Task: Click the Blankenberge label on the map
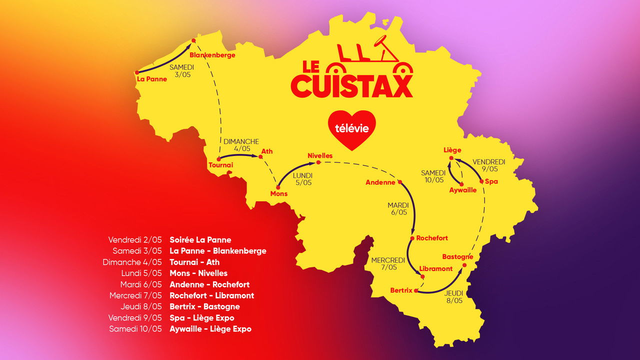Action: point(212,55)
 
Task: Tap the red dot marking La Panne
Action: point(136,72)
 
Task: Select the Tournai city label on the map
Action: point(220,165)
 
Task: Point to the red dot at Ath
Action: point(260,157)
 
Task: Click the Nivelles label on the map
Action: point(320,155)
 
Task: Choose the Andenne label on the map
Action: point(380,182)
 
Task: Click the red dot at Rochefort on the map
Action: point(412,238)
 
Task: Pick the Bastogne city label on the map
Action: point(457,257)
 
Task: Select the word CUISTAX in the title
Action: point(351,86)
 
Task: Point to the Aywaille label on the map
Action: point(462,190)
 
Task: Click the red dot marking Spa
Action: point(482,181)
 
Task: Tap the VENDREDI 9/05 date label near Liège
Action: point(489,165)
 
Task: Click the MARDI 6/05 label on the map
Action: point(398,208)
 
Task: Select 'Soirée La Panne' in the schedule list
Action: point(200,240)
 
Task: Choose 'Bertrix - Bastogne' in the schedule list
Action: point(204,306)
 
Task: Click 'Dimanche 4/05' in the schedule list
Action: point(132,262)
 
